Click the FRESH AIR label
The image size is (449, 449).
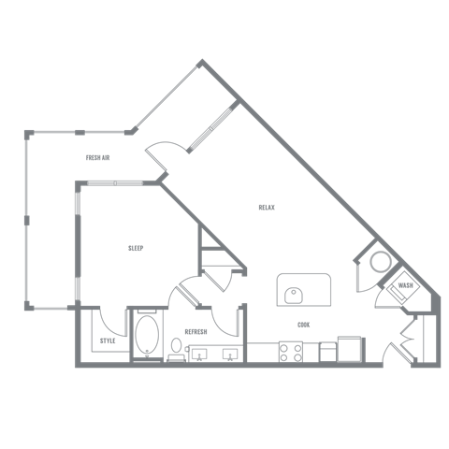[x=97, y=158]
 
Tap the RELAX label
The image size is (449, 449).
[x=267, y=208]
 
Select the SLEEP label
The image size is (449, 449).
[x=136, y=248]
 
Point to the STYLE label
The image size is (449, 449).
[x=108, y=340]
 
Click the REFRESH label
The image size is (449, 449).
[x=196, y=332]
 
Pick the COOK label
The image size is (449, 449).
[x=304, y=325]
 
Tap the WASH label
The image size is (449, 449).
[x=405, y=285]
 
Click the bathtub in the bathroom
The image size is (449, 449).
[x=147, y=335]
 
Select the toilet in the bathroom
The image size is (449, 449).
[x=176, y=349]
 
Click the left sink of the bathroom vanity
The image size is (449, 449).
[x=199, y=355]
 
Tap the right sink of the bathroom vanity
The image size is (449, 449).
[x=230, y=355]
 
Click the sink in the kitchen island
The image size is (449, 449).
[x=294, y=296]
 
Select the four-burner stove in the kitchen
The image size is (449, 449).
[x=291, y=352]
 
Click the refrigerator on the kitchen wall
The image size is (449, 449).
[x=349, y=349]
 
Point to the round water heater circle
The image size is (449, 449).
[x=381, y=261]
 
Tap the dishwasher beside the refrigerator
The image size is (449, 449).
[x=328, y=353]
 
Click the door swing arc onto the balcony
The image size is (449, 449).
[x=165, y=143]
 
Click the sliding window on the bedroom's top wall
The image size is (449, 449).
[x=115, y=183]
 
